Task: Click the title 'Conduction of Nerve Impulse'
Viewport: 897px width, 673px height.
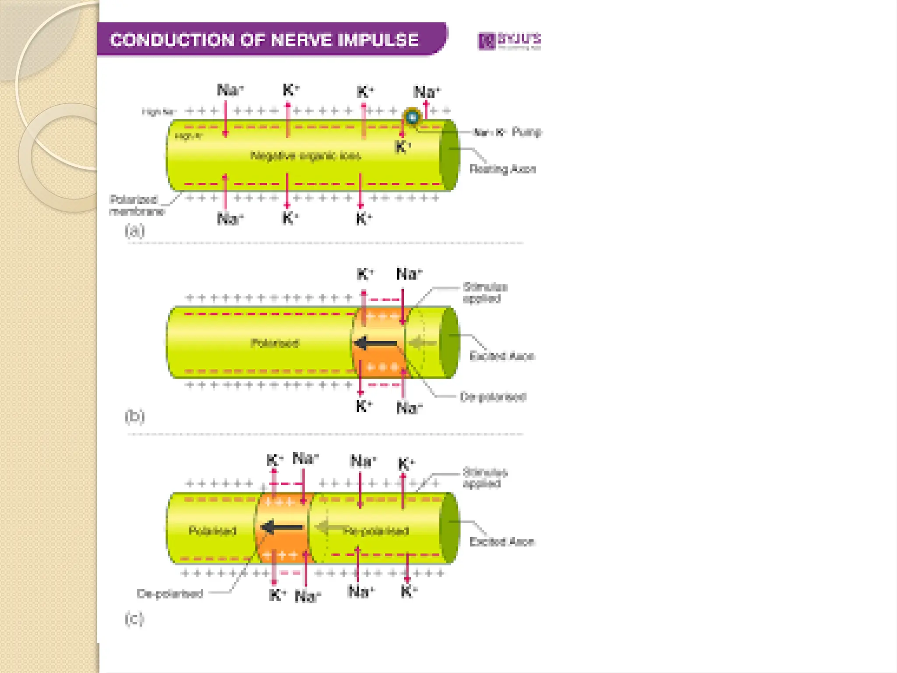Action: [x=265, y=40]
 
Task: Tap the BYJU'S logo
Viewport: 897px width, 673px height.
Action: [x=509, y=41]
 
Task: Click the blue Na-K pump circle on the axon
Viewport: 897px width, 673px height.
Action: [x=412, y=117]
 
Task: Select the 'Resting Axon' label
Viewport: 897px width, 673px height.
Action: [x=502, y=169]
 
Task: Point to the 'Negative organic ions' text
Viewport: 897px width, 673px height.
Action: [x=306, y=156]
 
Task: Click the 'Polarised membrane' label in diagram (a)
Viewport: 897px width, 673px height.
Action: [x=136, y=205]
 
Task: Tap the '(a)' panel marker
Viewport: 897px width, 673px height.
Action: [x=134, y=230]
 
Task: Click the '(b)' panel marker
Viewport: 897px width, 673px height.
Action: [x=134, y=415]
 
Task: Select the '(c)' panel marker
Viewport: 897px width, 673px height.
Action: [x=134, y=619]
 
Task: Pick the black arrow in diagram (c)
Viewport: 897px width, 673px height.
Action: [x=283, y=527]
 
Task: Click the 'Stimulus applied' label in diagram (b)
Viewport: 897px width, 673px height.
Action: [x=485, y=293]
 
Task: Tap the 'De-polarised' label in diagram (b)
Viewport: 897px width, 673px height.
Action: [x=493, y=397]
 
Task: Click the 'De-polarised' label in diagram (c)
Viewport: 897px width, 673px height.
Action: [x=170, y=594]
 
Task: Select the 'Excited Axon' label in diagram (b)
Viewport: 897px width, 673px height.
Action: [x=501, y=356]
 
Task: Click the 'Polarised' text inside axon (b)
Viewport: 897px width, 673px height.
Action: [x=275, y=343]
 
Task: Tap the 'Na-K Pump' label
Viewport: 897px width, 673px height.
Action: [x=508, y=132]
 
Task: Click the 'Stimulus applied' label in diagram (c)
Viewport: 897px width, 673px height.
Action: [x=485, y=478]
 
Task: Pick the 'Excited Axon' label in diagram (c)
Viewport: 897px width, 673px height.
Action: [x=501, y=542]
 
